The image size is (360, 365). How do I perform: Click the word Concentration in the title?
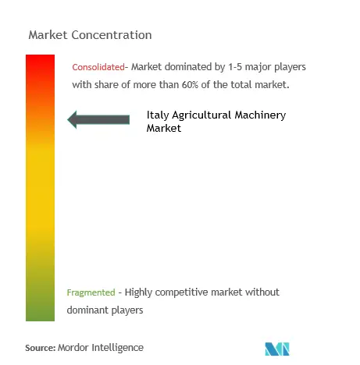coord(112,35)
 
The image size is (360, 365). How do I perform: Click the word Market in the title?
coord(48,35)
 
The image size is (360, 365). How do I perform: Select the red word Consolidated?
coord(98,67)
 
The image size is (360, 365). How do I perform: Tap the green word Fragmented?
coord(91,292)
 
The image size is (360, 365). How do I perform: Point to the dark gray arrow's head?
coord(73,119)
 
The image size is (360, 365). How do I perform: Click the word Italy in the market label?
coord(158,115)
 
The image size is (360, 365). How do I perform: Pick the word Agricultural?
coord(201,115)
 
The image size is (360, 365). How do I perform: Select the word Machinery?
coord(260,115)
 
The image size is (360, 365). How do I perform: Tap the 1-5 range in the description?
coord(235,67)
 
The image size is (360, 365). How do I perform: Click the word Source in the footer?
coord(41,348)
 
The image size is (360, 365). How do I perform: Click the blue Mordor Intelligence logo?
coord(277,349)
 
